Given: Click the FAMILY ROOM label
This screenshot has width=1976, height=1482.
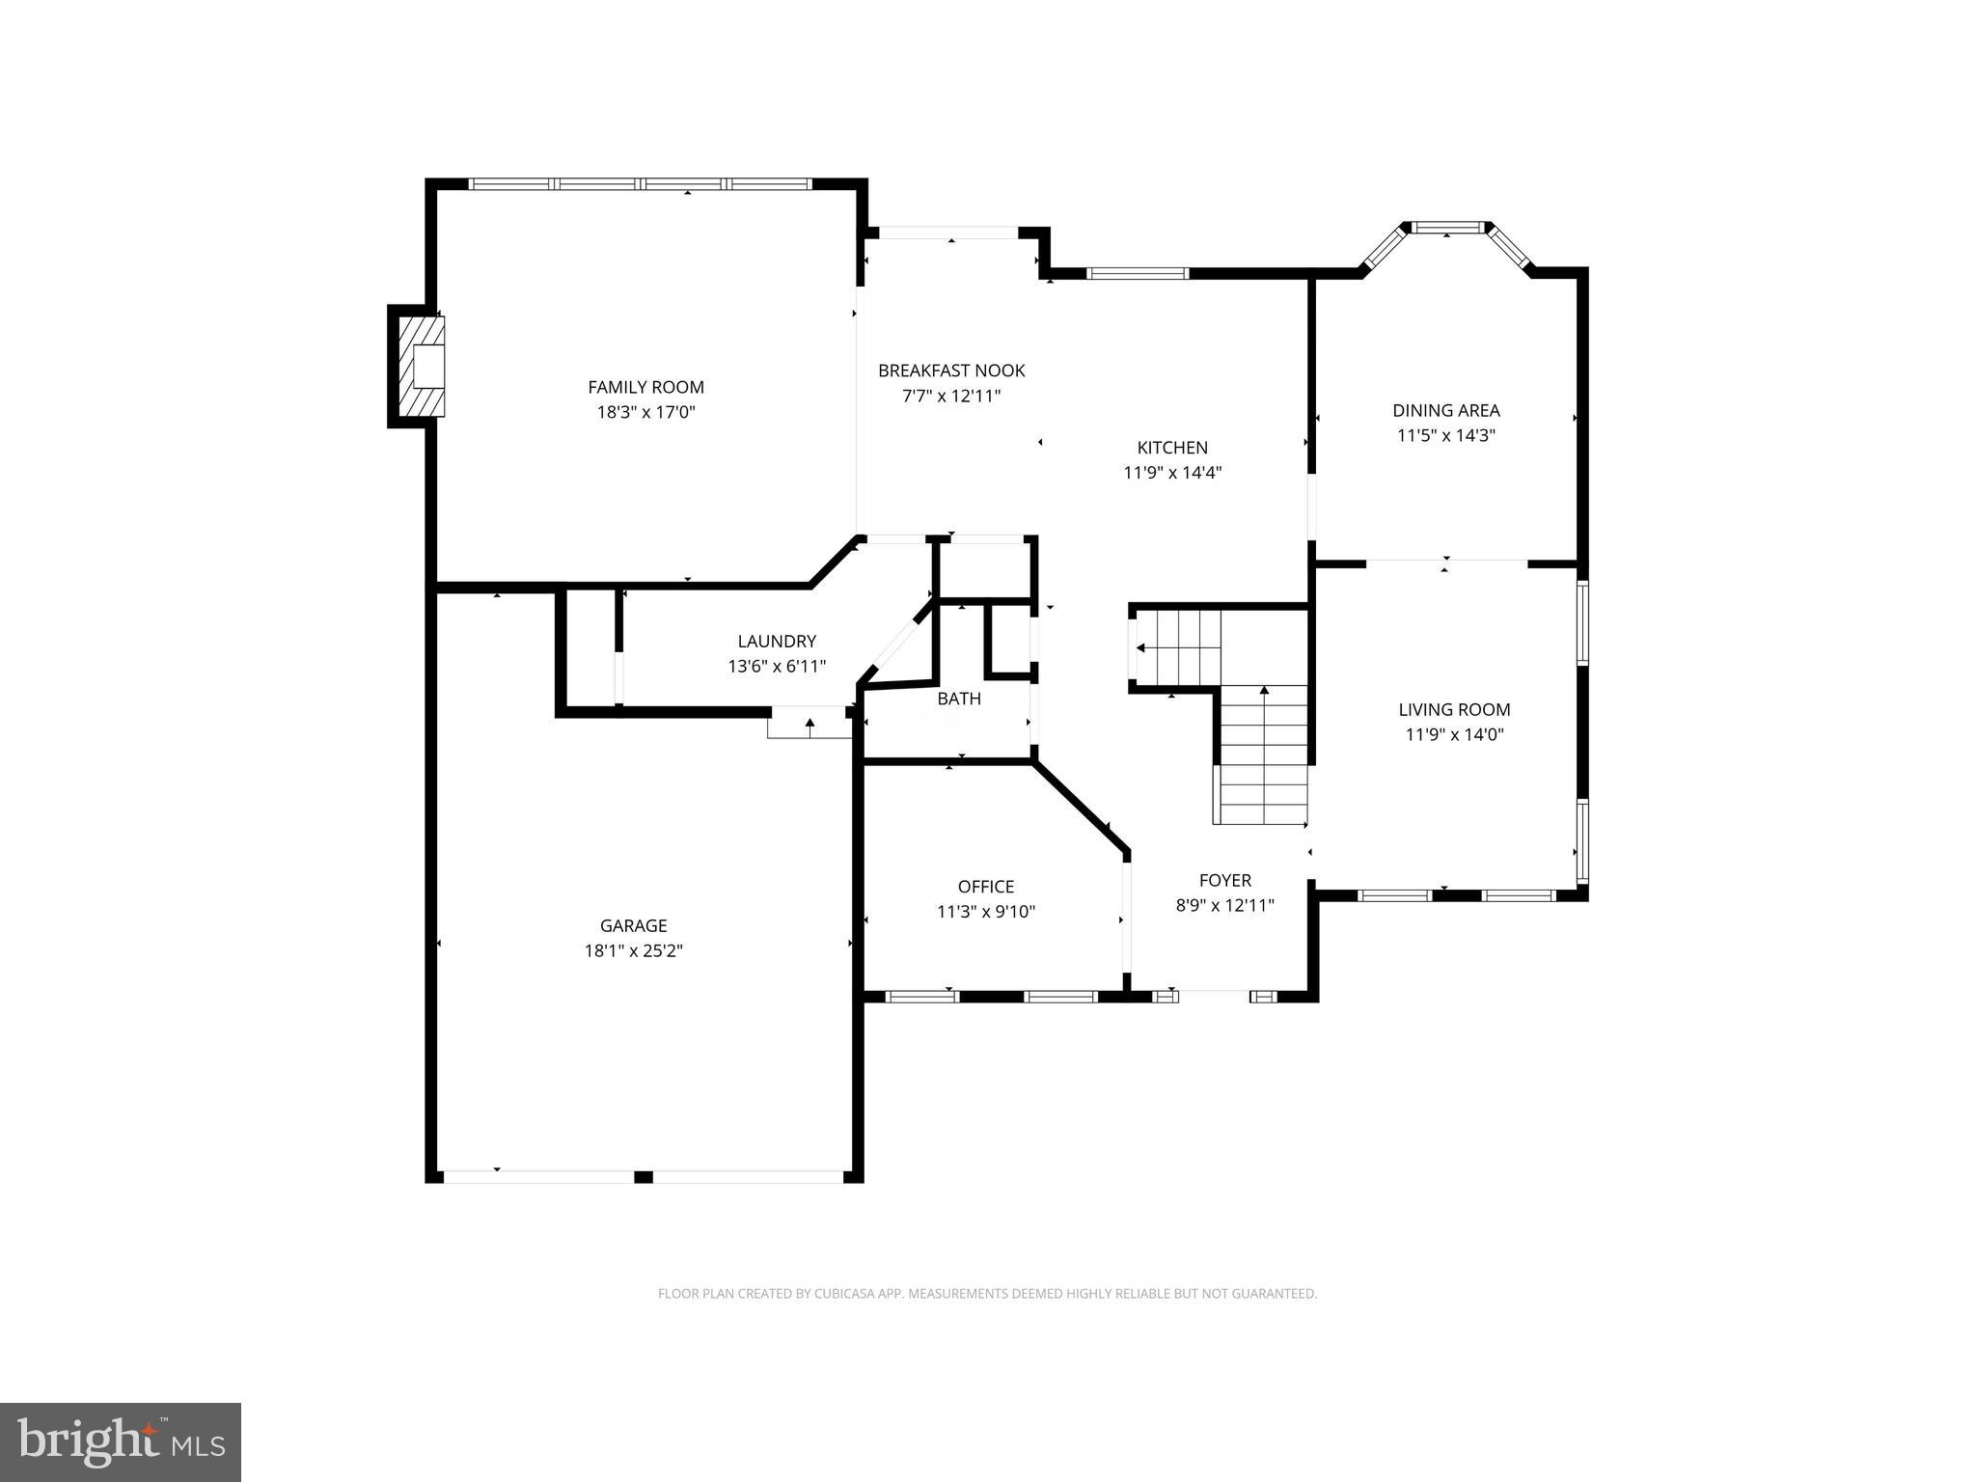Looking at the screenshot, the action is pos(645,387).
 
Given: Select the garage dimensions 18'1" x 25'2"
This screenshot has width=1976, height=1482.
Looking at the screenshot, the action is pos(633,950).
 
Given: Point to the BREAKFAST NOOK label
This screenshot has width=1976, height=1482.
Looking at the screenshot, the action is pos(951,370).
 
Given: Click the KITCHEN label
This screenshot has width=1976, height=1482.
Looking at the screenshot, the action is pos(1172,448).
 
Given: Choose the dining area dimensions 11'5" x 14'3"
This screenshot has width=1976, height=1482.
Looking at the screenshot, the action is pos(1445,435).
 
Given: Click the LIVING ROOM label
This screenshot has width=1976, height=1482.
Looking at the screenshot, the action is pos(1454,709).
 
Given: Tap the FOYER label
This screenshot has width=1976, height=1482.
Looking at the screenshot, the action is pos(1224,880).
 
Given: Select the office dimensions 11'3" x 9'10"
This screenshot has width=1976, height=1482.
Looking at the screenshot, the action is pos(985,912).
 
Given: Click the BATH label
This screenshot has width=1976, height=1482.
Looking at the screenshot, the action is pos(959,699).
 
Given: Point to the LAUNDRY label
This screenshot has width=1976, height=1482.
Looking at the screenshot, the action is pos(777,641).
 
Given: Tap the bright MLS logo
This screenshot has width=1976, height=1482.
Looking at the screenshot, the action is pos(121,1441).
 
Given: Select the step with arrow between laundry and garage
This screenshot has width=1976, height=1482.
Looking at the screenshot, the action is pos(810,724).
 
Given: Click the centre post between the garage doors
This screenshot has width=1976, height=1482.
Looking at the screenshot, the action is pos(644,1177).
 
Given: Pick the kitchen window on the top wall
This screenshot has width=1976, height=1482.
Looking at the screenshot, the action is pos(1138,274).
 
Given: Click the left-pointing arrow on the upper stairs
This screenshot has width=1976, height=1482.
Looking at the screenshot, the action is pos(1141,648).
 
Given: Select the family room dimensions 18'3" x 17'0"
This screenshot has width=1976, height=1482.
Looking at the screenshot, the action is pos(645,412).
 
